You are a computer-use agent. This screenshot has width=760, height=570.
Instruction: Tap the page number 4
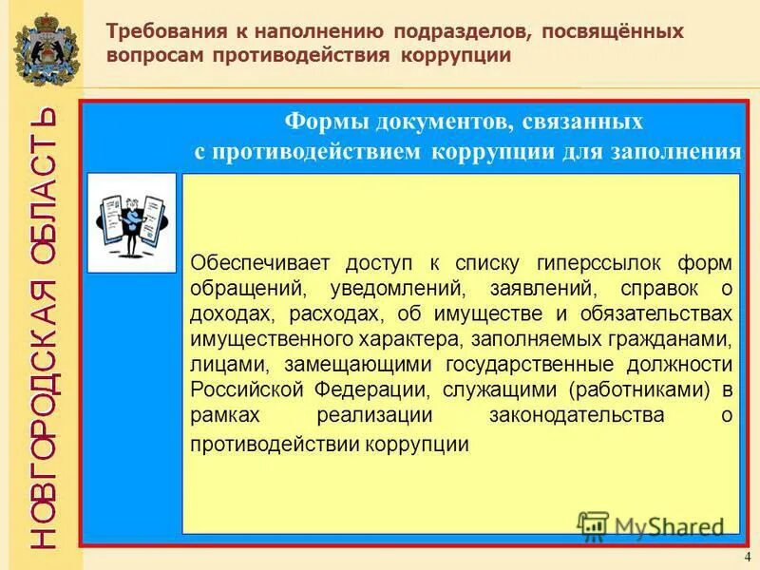(x=747, y=556)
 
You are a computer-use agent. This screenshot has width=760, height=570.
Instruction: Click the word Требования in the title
(x=161, y=32)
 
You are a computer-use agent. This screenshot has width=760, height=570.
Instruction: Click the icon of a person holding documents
(x=132, y=222)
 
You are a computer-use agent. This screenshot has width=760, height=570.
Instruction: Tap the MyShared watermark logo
(x=652, y=525)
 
